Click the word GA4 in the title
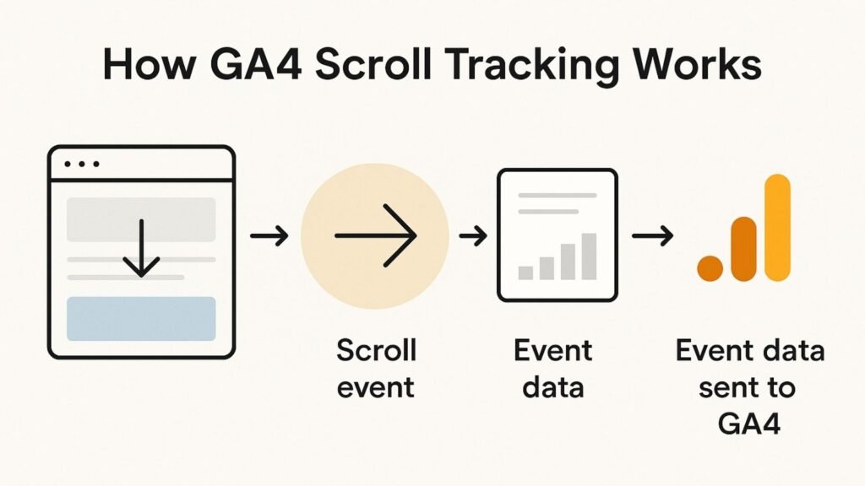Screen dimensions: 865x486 (x=256, y=64)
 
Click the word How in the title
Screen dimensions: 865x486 (x=150, y=64)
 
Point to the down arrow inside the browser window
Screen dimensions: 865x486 (x=141, y=248)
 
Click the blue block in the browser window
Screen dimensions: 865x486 (x=141, y=318)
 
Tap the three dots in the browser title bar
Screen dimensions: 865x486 (x=82, y=164)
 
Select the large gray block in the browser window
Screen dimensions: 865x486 (x=141, y=219)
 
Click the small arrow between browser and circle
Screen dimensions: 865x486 (x=269, y=236)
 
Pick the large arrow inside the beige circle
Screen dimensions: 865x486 (x=375, y=236)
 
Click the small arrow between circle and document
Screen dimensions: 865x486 (x=473, y=236)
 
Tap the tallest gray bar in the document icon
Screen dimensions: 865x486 (x=589, y=256)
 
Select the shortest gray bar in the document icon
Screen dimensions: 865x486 (x=525, y=273)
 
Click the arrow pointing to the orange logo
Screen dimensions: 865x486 (x=653, y=236)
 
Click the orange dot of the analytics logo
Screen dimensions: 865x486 (x=710, y=268)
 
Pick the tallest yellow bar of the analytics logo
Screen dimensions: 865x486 (x=778, y=228)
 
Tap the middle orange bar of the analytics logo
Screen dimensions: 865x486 (x=743, y=249)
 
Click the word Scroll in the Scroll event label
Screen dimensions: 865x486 (x=376, y=350)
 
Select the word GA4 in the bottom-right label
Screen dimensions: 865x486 (x=750, y=424)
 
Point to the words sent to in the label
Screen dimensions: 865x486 (x=747, y=387)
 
